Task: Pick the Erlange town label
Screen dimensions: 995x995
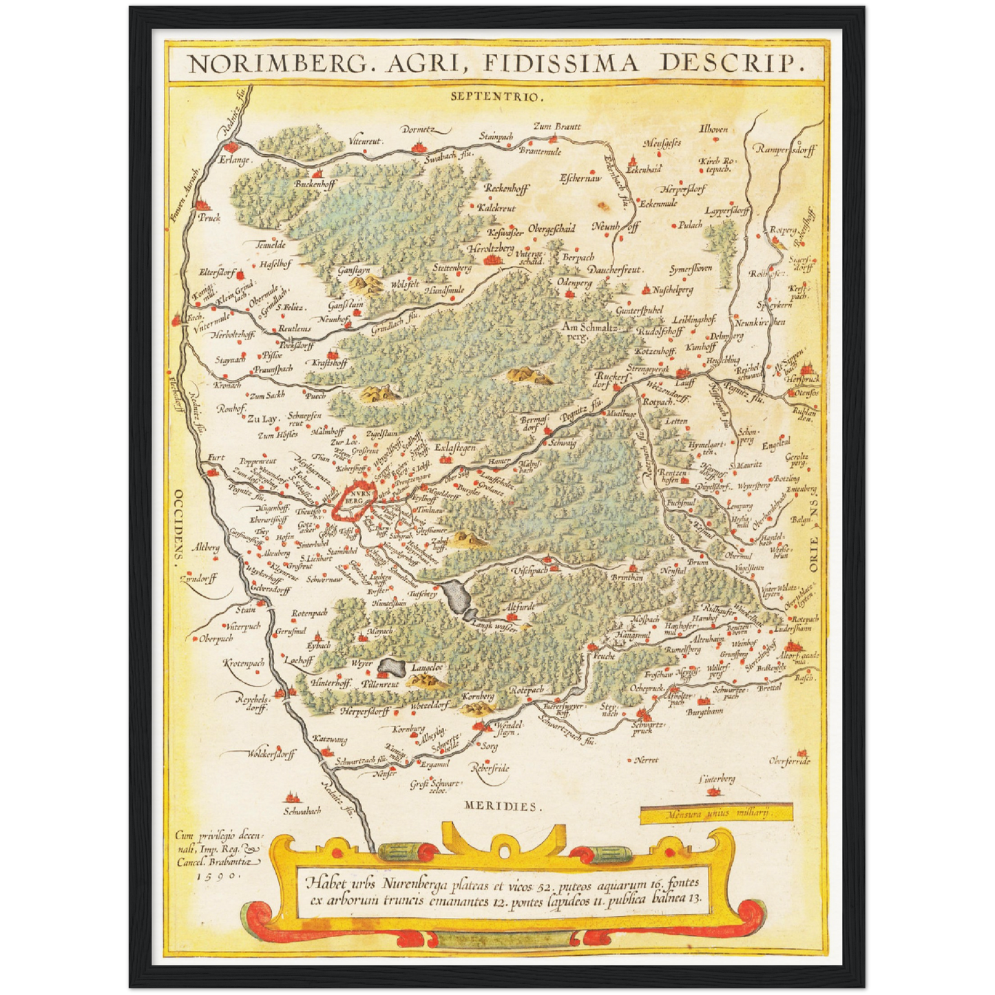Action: (235, 160)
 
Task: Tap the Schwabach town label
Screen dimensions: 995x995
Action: (302, 810)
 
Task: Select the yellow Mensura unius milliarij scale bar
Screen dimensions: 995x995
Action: (716, 813)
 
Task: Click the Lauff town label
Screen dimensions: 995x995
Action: (684, 382)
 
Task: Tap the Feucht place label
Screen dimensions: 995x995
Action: (604, 656)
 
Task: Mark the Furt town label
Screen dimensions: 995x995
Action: (216, 457)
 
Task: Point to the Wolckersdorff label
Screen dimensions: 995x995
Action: (271, 753)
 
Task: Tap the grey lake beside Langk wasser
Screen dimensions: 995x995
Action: (456, 596)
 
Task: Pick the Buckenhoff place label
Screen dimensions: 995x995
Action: (315, 184)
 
